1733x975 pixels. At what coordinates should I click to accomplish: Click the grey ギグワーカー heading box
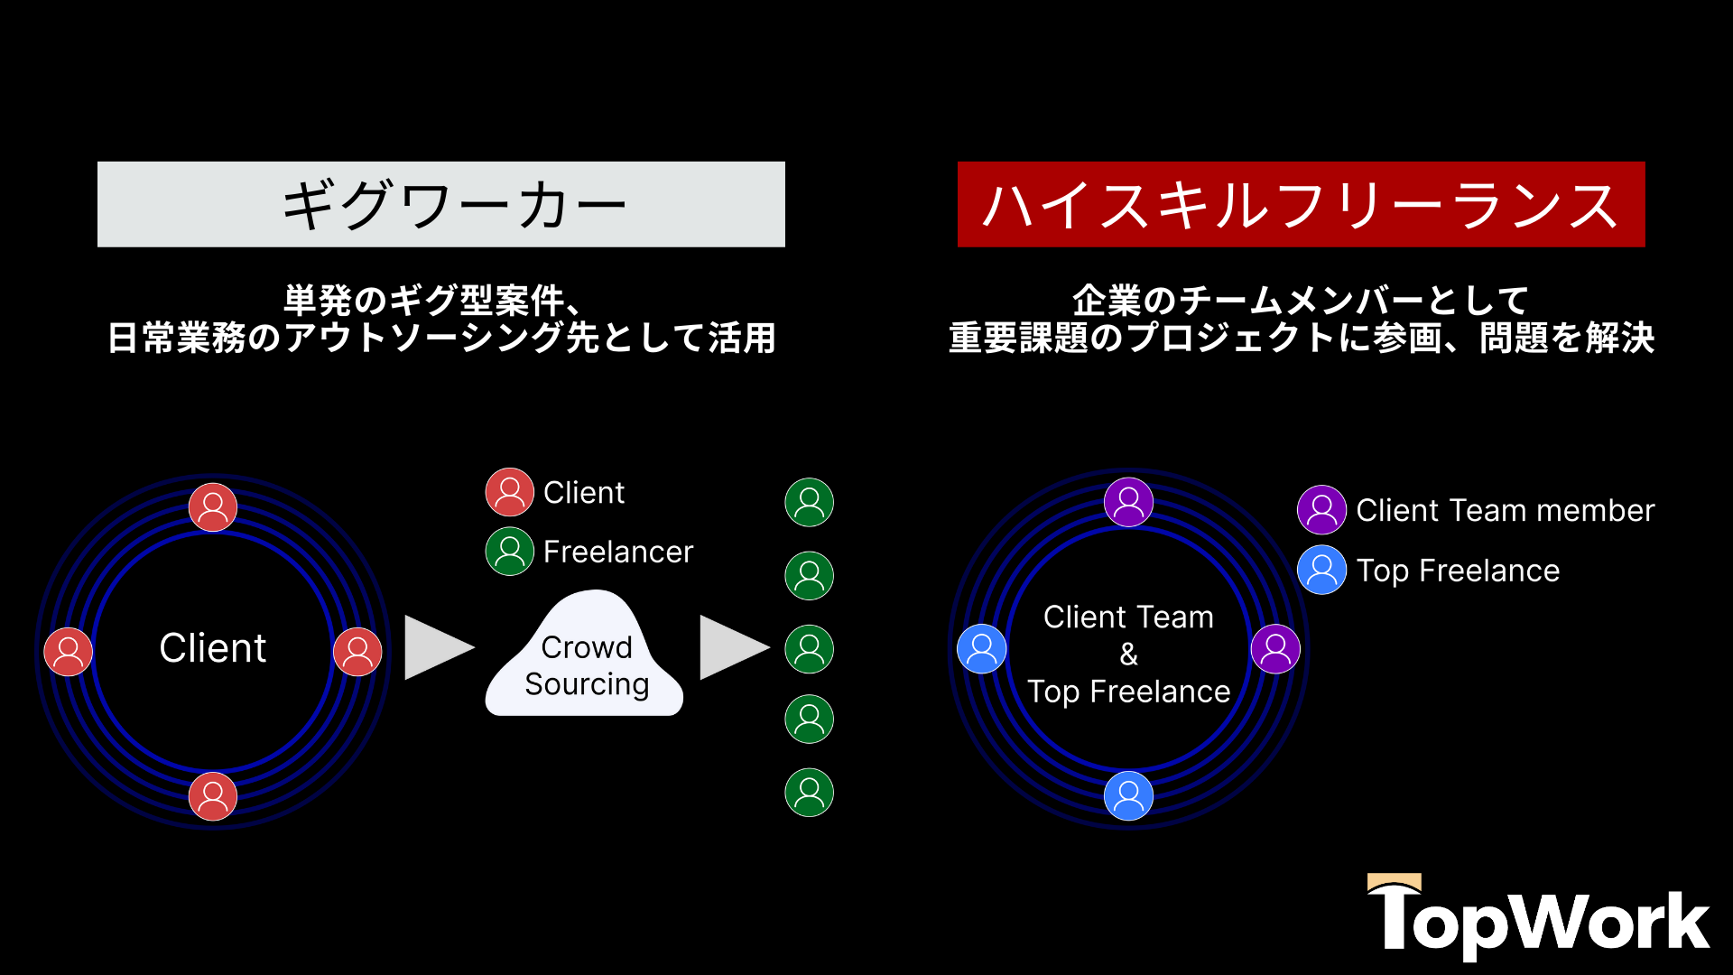[x=440, y=204]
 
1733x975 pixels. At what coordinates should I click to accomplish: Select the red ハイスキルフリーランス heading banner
[x=1301, y=204]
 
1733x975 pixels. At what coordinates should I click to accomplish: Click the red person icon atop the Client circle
[x=213, y=507]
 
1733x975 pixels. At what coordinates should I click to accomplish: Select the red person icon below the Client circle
[x=213, y=796]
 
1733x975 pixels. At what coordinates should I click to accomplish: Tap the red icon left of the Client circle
[x=69, y=652]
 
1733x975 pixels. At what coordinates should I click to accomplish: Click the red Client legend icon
[x=510, y=492]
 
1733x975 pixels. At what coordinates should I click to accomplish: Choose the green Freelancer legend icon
[x=510, y=552]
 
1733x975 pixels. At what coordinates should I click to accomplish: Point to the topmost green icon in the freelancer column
[x=810, y=503]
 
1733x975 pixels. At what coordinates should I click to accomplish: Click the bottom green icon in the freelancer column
[x=810, y=793]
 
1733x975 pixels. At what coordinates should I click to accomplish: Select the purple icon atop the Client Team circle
[x=1128, y=502]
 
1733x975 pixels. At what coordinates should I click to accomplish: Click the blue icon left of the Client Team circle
[x=982, y=649]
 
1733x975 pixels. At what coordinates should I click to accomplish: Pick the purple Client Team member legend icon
[x=1321, y=510]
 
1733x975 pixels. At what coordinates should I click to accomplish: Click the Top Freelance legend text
[x=1458, y=571]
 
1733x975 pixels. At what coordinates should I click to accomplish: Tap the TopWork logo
[x=1538, y=916]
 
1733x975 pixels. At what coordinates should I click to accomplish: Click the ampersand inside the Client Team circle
[x=1128, y=655]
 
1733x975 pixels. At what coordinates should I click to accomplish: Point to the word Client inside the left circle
[x=213, y=648]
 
